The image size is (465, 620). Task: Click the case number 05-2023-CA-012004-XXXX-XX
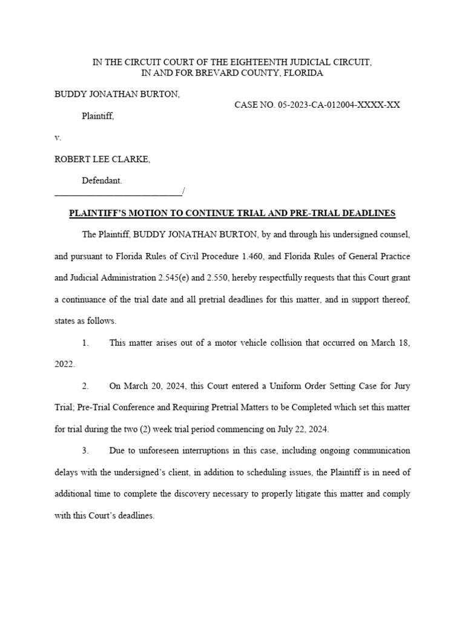tap(339, 105)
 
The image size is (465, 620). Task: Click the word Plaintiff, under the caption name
tap(98, 116)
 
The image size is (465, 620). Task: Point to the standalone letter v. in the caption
tap(58, 137)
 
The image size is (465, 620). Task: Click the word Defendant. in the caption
tap(102, 180)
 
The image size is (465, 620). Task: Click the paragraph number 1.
tap(85, 343)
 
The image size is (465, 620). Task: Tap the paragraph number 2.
tap(85, 386)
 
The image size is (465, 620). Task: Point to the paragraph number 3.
tap(85, 450)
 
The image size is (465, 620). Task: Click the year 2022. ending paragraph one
tap(64, 364)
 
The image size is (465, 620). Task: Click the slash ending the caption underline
tap(183, 192)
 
